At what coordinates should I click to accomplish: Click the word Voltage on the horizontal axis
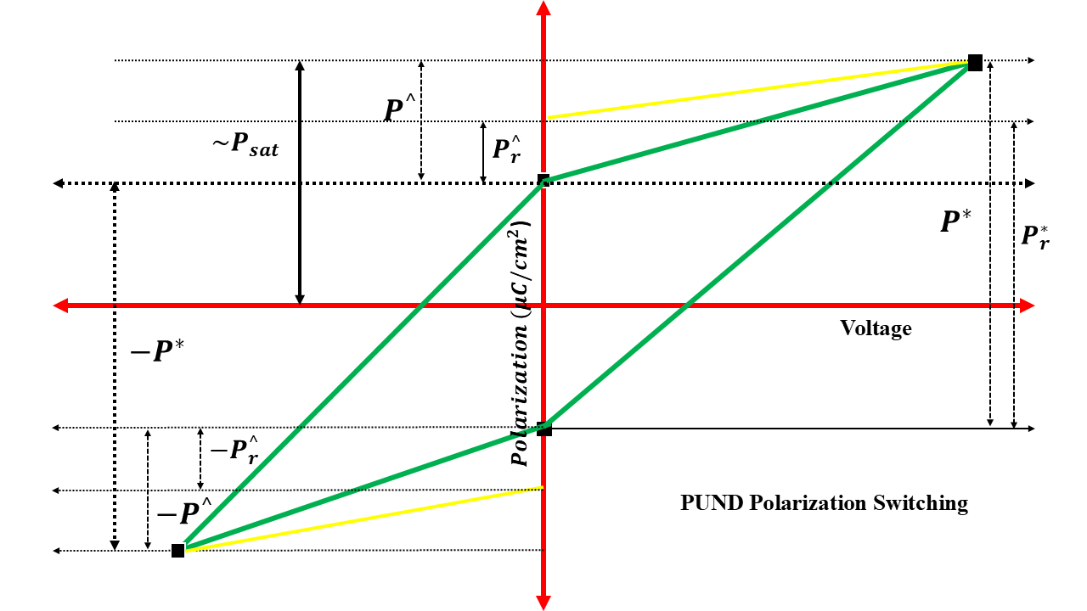876,328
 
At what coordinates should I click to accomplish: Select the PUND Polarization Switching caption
824,503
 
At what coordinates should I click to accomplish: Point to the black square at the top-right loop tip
975,63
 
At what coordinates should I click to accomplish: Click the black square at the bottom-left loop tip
177,551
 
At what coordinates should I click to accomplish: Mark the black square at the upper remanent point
543,180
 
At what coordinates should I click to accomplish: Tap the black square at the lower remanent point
544,429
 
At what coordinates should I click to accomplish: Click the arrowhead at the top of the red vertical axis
543,8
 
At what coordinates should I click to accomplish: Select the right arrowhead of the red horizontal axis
1027,305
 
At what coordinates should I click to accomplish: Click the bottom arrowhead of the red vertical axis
543,602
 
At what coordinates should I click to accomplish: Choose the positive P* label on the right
956,221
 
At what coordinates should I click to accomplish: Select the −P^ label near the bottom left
183,513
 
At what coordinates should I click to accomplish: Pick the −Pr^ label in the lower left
234,451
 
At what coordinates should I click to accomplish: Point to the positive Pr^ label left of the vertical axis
507,149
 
